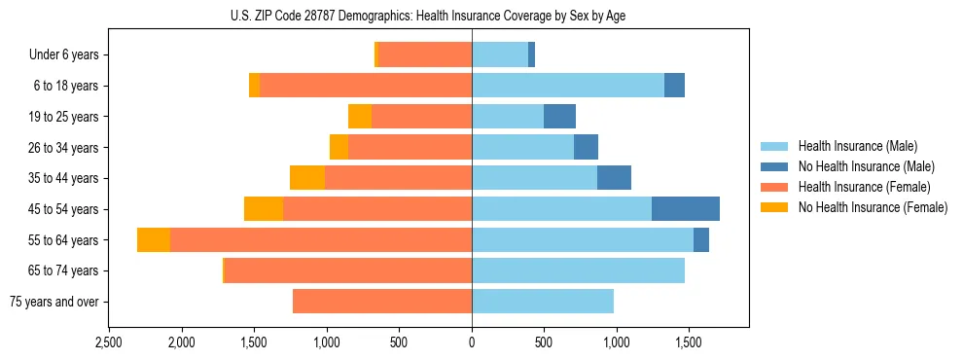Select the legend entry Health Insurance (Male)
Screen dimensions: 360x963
tap(857, 146)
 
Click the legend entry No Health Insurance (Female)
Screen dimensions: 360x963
tap(873, 207)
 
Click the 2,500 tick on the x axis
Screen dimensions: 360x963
tap(109, 342)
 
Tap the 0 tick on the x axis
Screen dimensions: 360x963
tap(472, 342)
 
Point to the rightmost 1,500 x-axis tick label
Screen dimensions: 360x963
tap(689, 342)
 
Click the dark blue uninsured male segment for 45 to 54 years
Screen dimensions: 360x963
tap(686, 209)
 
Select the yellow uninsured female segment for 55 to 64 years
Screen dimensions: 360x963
tap(154, 240)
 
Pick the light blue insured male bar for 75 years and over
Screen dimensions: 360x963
tap(543, 302)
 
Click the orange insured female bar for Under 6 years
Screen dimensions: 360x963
tap(425, 55)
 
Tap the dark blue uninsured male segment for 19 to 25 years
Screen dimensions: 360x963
tap(559, 117)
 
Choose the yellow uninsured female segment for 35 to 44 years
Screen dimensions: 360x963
tap(307, 178)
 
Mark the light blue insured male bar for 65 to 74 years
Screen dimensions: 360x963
tap(578, 270)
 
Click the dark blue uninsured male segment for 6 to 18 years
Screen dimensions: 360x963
tap(674, 86)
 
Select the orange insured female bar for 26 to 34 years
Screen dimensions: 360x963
tap(410, 148)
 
